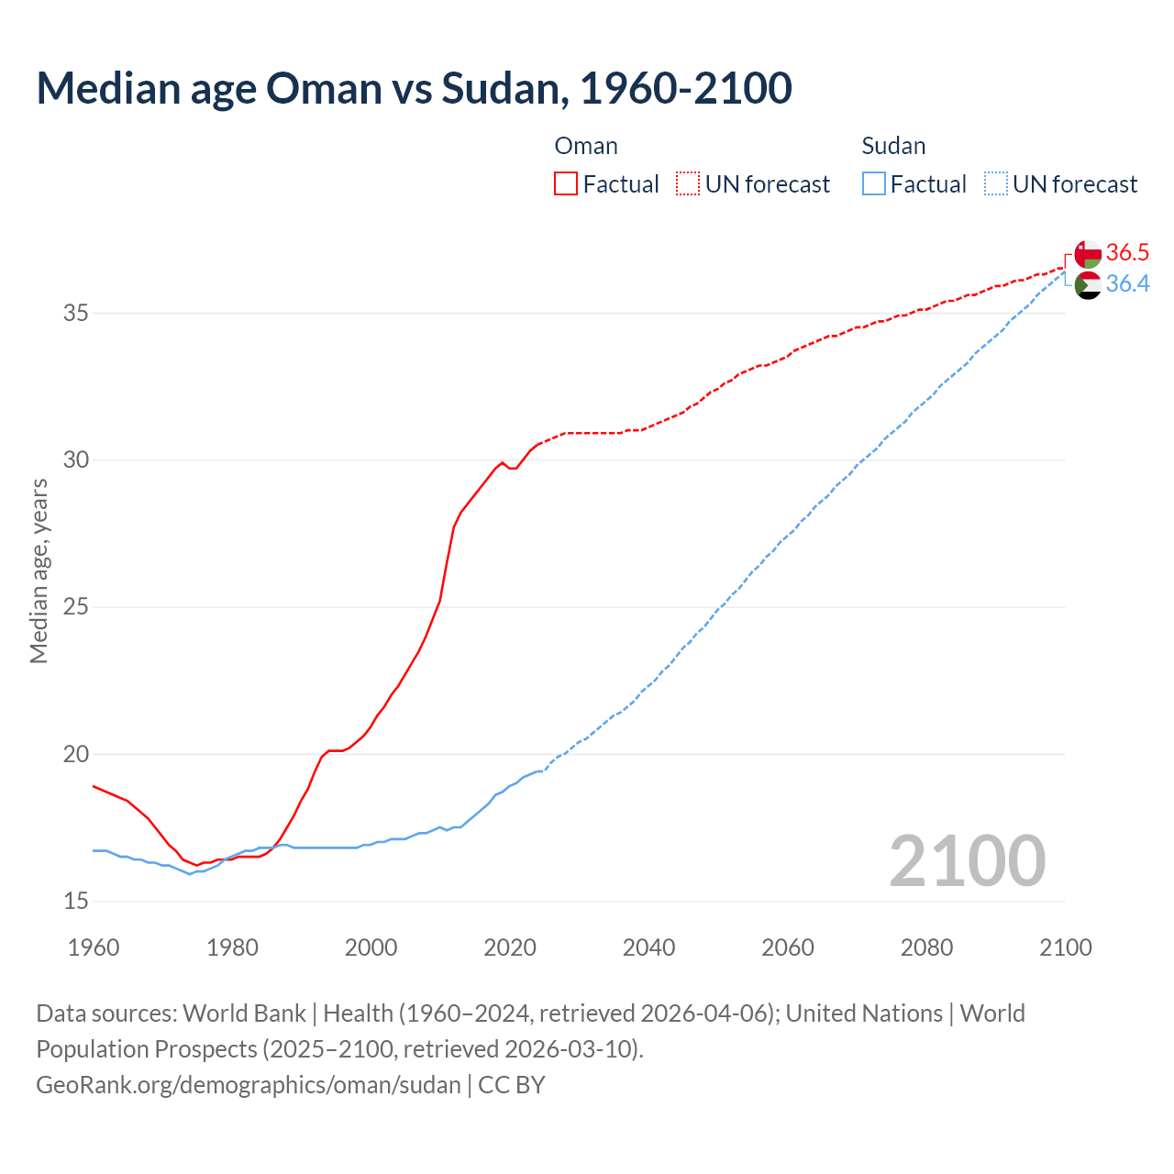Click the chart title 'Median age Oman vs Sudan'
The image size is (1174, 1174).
coord(413,89)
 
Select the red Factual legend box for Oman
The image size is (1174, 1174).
coord(566,183)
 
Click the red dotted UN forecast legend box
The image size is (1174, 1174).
coord(688,183)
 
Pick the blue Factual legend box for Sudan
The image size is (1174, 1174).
coord(874,183)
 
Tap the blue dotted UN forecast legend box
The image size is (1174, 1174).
coord(996,183)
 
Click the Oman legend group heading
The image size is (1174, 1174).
coord(586,146)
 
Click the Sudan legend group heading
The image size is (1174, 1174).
coord(893,146)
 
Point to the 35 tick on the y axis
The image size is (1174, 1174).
coord(75,313)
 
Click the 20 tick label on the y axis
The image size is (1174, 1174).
coord(75,754)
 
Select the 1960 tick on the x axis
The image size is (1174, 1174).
coord(94,947)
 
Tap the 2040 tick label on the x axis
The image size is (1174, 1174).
coord(648,947)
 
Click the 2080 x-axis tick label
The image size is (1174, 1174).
coord(926,947)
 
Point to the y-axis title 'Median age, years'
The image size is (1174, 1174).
coord(39,570)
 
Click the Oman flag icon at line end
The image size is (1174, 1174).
coord(1088,253)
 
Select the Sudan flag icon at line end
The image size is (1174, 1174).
coord(1088,284)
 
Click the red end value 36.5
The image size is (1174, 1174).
coord(1127,252)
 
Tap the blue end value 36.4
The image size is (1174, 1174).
coord(1127,284)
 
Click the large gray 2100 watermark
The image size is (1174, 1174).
coord(967,860)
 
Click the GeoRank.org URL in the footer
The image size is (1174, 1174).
coord(248,1085)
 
